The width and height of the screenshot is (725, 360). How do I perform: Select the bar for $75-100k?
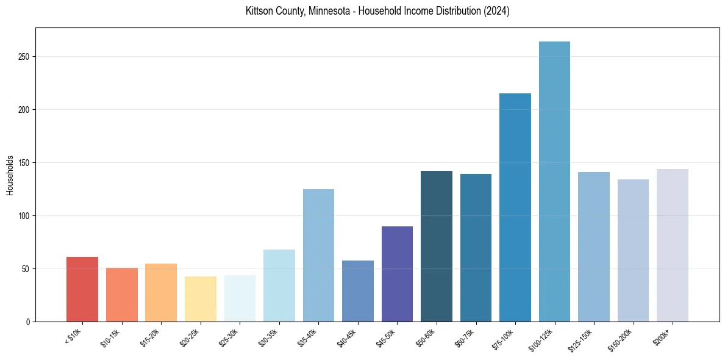pos(515,207)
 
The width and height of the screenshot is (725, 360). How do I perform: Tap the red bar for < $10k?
pos(82,289)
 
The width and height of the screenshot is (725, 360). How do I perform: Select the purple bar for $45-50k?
pos(397,274)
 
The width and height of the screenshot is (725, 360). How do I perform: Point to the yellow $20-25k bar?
pos(201,299)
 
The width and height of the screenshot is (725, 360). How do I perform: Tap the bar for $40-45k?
pos(358,291)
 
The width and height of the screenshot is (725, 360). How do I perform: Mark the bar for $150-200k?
pos(633,250)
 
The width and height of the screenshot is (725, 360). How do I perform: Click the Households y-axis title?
pos(10,175)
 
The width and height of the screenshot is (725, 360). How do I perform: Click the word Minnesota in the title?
pos(326,11)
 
